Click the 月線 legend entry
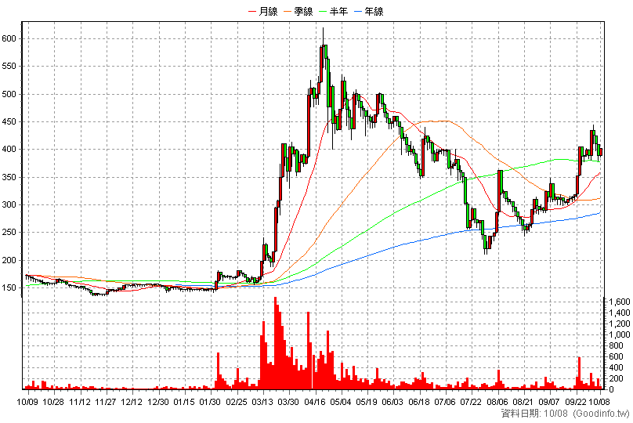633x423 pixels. (263, 11)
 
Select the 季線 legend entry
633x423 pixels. (298, 11)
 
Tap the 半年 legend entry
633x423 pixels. (334, 11)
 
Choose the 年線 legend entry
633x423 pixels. (369, 11)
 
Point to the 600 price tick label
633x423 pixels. (9, 38)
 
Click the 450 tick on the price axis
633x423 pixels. (9, 121)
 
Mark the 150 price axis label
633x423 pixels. (9, 287)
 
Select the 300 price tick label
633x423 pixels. (9, 204)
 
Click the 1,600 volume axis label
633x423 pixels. (619, 302)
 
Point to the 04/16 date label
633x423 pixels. (315, 402)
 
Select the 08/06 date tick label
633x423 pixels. (497, 402)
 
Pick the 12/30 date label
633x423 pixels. (158, 402)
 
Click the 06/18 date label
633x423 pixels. (419, 402)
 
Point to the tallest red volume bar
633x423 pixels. (275, 343)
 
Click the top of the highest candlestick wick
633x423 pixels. (323, 27)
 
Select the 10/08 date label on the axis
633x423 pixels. (599, 402)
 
